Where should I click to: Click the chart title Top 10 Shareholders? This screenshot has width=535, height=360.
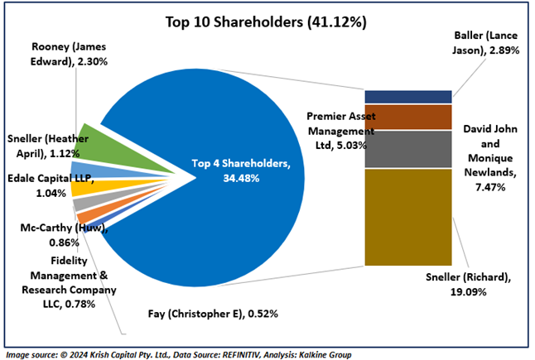(x=267, y=21)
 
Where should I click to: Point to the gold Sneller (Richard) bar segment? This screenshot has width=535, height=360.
(x=407, y=217)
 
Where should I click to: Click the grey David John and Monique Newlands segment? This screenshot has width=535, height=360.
(x=407, y=150)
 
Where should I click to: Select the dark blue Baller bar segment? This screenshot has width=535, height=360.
(x=407, y=97)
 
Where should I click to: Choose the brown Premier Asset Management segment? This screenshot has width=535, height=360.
(x=407, y=117)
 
